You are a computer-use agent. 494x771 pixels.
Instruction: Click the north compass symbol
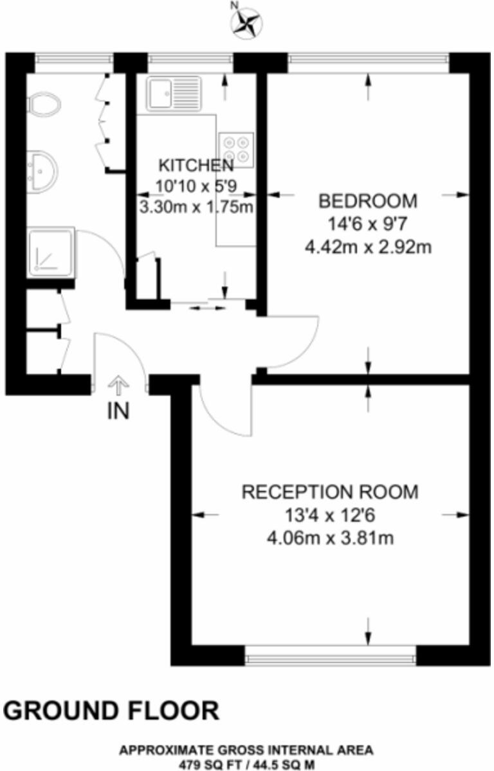pos(246,21)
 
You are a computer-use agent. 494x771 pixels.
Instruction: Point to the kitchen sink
pos(173,94)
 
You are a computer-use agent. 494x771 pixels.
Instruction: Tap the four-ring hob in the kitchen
pos(235,149)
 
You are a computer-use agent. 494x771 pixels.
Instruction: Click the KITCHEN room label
pos(196,165)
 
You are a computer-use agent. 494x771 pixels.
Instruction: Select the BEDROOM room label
pos(368,201)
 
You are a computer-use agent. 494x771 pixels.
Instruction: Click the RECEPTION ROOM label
pos(330,493)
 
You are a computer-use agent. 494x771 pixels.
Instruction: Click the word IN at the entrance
pos(118,411)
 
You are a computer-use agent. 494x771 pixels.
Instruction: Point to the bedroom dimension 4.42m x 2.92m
pos(368,246)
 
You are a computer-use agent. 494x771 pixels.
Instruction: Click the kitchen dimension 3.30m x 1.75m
pos(196,207)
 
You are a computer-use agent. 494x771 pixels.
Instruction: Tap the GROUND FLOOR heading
pos(111,711)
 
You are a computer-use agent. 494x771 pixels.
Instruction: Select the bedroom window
pos(367,60)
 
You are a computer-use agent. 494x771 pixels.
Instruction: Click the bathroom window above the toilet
pos(74,60)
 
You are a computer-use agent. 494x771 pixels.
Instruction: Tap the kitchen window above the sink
pos(190,60)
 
